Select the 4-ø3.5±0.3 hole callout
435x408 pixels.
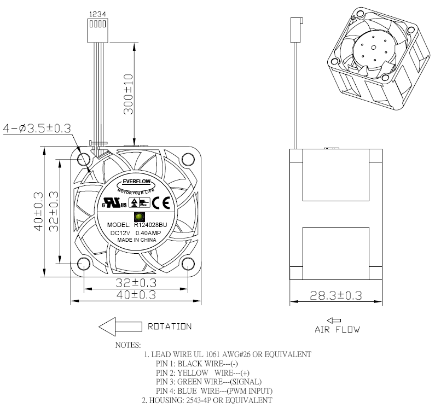point(37,129)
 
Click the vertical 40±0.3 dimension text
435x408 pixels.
point(38,211)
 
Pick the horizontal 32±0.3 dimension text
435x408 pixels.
point(136,283)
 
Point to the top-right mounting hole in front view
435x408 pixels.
point(187,160)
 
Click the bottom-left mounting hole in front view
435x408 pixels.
point(84,264)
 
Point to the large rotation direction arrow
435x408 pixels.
point(119,327)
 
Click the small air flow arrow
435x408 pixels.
point(333,320)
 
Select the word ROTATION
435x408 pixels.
point(170,327)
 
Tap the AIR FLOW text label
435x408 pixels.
point(337,329)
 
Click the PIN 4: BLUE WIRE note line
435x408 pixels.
point(214,390)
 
